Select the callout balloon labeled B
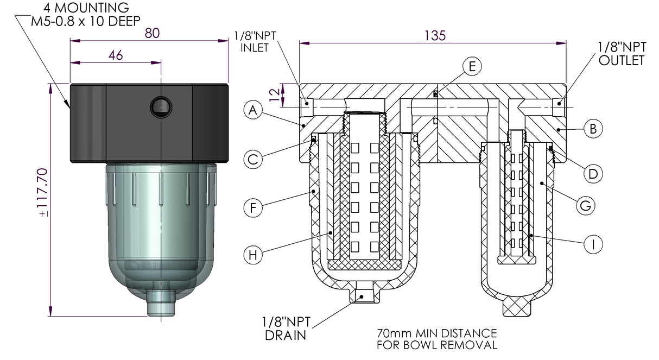tap(592, 129)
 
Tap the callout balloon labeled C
tap(253, 159)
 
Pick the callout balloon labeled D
tap(592, 174)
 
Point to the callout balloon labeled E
tap(472, 66)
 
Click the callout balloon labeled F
tap(253, 207)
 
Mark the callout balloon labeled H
tap(253, 255)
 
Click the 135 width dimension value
tap(435, 35)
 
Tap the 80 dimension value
tap(152, 33)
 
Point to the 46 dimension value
tap(116, 55)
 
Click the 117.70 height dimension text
tap(43, 193)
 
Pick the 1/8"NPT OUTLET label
tap(621, 54)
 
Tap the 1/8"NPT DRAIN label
tap(286, 329)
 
